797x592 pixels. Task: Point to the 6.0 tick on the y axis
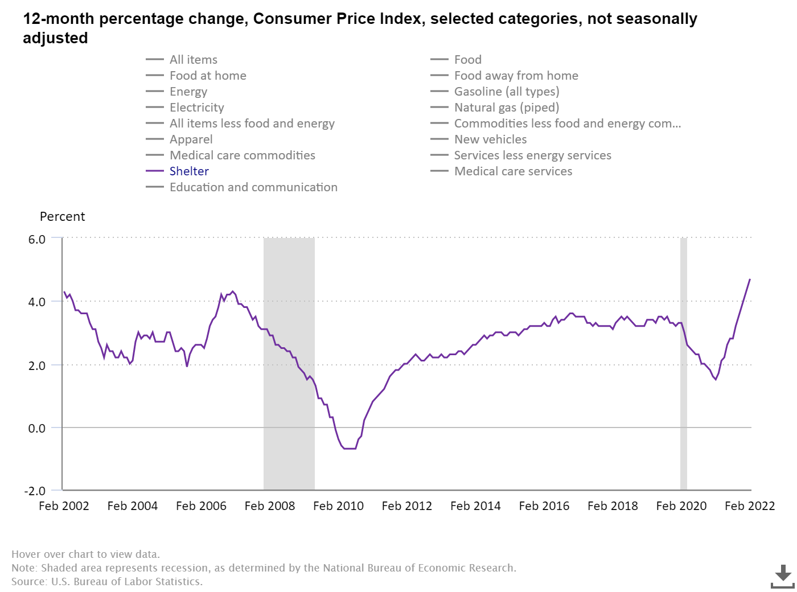coord(37,239)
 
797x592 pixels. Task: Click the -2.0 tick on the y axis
coord(35,491)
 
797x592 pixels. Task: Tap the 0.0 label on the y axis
coord(37,428)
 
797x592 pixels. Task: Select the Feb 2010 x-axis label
coord(338,506)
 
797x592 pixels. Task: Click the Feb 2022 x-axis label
coord(749,506)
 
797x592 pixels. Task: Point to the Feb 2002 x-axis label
coord(64,506)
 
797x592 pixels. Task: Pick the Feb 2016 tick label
coord(544,506)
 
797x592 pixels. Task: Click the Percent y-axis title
coord(62,217)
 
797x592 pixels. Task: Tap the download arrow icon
coord(783,576)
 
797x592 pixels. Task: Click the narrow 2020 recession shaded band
coord(684,364)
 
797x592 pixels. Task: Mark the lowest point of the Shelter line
coord(350,449)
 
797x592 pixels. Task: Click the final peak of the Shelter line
coord(750,279)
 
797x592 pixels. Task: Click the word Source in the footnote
coord(28,582)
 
